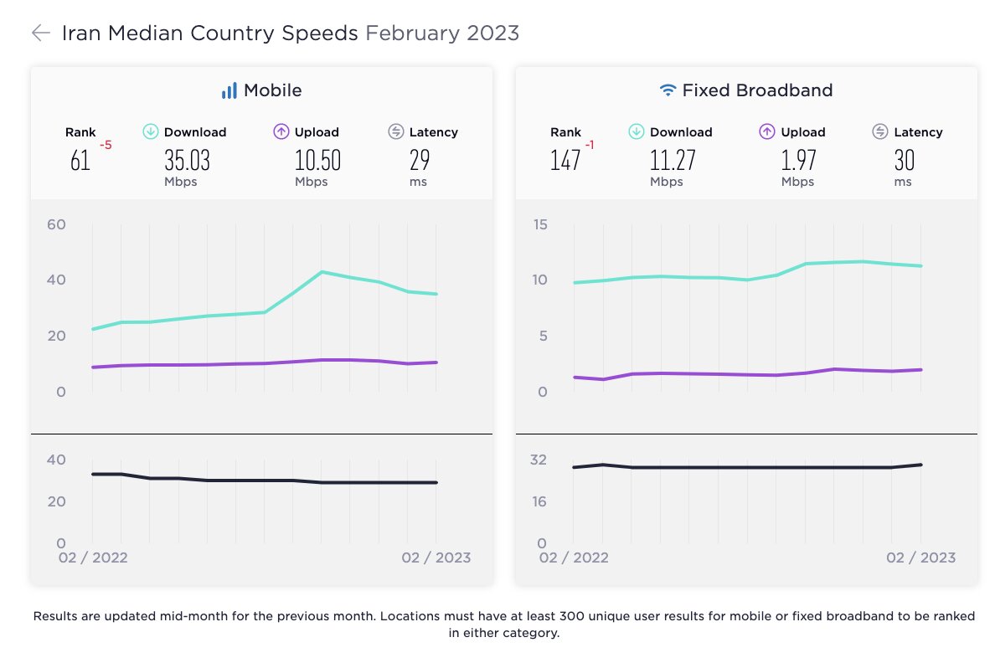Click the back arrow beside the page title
40,33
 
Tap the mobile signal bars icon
229,90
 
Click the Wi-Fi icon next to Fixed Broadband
668,90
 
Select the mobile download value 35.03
187,160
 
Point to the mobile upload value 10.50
317,160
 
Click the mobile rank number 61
80,160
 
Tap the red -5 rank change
106,146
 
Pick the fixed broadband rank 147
565,160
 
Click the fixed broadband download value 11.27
673,160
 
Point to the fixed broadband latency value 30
904,160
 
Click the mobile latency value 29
419,160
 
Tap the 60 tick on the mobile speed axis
56,224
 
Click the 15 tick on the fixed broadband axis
540,224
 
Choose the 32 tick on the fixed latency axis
538,460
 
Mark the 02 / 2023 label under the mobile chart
436,558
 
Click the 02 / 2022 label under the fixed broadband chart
574,558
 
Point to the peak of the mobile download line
322,272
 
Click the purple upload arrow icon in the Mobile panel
281,131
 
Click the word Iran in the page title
82,33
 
